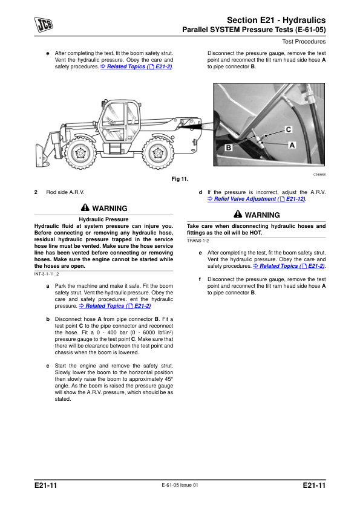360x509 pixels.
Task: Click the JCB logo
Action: pyautogui.click(x=44, y=25)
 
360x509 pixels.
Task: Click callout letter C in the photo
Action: pyautogui.click(x=288, y=129)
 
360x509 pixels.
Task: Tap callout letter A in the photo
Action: pyautogui.click(x=292, y=145)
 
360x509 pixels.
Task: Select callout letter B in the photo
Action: pyautogui.click(x=229, y=148)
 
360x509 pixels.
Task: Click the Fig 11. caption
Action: pyautogui.click(x=180, y=179)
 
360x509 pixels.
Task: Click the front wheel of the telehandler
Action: pyautogui.click(x=80, y=152)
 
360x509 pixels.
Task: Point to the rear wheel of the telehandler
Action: pyautogui.click(x=158, y=152)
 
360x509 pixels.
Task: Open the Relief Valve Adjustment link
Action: pyautogui.click(x=257, y=199)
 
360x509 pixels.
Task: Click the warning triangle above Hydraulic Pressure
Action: pyautogui.click(x=85, y=207)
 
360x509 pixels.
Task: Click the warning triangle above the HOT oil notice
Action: pyautogui.click(x=238, y=214)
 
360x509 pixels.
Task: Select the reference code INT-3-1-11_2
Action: pyautogui.click(x=47, y=274)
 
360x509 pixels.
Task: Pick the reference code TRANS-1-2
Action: pyautogui.click(x=198, y=241)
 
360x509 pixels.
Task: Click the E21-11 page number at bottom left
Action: pyautogui.click(x=45, y=485)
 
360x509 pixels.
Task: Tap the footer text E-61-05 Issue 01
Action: pyautogui.click(x=180, y=485)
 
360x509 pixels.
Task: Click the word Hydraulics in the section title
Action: pyautogui.click(x=304, y=20)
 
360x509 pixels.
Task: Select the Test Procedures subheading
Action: pyautogui.click(x=304, y=42)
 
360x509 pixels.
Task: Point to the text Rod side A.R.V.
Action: pyautogui.click(x=65, y=192)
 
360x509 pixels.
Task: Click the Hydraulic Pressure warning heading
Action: pyautogui.click(x=103, y=219)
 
